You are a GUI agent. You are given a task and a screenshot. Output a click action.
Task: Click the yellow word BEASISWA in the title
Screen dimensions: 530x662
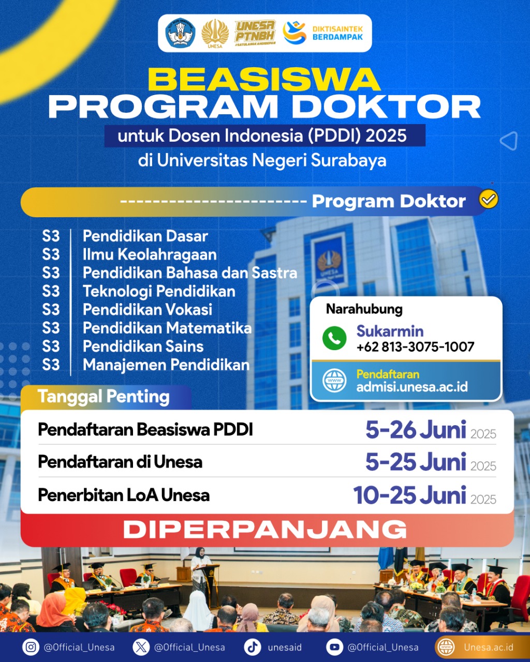click(x=264, y=79)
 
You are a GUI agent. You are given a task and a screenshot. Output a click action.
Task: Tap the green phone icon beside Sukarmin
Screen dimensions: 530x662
click(x=334, y=338)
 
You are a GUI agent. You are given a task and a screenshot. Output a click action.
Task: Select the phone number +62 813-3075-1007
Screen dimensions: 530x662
click(x=415, y=347)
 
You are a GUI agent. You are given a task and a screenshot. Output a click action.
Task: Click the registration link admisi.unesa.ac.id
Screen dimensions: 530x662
click(x=412, y=387)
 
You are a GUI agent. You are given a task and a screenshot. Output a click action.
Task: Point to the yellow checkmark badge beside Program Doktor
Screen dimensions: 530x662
click(x=489, y=199)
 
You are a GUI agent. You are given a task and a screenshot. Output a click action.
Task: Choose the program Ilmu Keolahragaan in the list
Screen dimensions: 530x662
click(x=150, y=254)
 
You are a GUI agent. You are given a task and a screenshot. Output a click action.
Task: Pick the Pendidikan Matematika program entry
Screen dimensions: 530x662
click(x=167, y=328)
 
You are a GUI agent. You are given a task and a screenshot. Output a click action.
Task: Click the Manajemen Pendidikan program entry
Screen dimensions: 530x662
click(x=166, y=365)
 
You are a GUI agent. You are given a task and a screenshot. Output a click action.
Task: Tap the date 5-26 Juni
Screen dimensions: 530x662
click(x=416, y=430)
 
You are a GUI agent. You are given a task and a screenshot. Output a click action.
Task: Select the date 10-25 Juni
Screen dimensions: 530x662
click(x=409, y=495)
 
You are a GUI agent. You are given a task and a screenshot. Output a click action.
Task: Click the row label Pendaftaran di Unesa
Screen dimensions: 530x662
click(x=120, y=462)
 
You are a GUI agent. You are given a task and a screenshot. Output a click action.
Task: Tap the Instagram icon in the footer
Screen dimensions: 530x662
click(x=31, y=647)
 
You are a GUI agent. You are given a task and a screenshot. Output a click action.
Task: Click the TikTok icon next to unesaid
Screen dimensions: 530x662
click(x=253, y=647)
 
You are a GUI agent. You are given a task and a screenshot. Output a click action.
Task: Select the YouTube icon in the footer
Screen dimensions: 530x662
click(x=334, y=647)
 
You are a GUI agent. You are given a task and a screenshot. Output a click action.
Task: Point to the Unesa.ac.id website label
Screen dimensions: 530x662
click(x=489, y=647)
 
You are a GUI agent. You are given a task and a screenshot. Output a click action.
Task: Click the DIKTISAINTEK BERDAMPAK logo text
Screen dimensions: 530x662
click(x=337, y=33)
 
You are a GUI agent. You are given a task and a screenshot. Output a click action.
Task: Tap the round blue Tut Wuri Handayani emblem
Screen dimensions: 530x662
click(x=180, y=33)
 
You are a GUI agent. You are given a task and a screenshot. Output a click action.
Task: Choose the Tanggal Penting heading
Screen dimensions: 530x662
click(x=104, y=397)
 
